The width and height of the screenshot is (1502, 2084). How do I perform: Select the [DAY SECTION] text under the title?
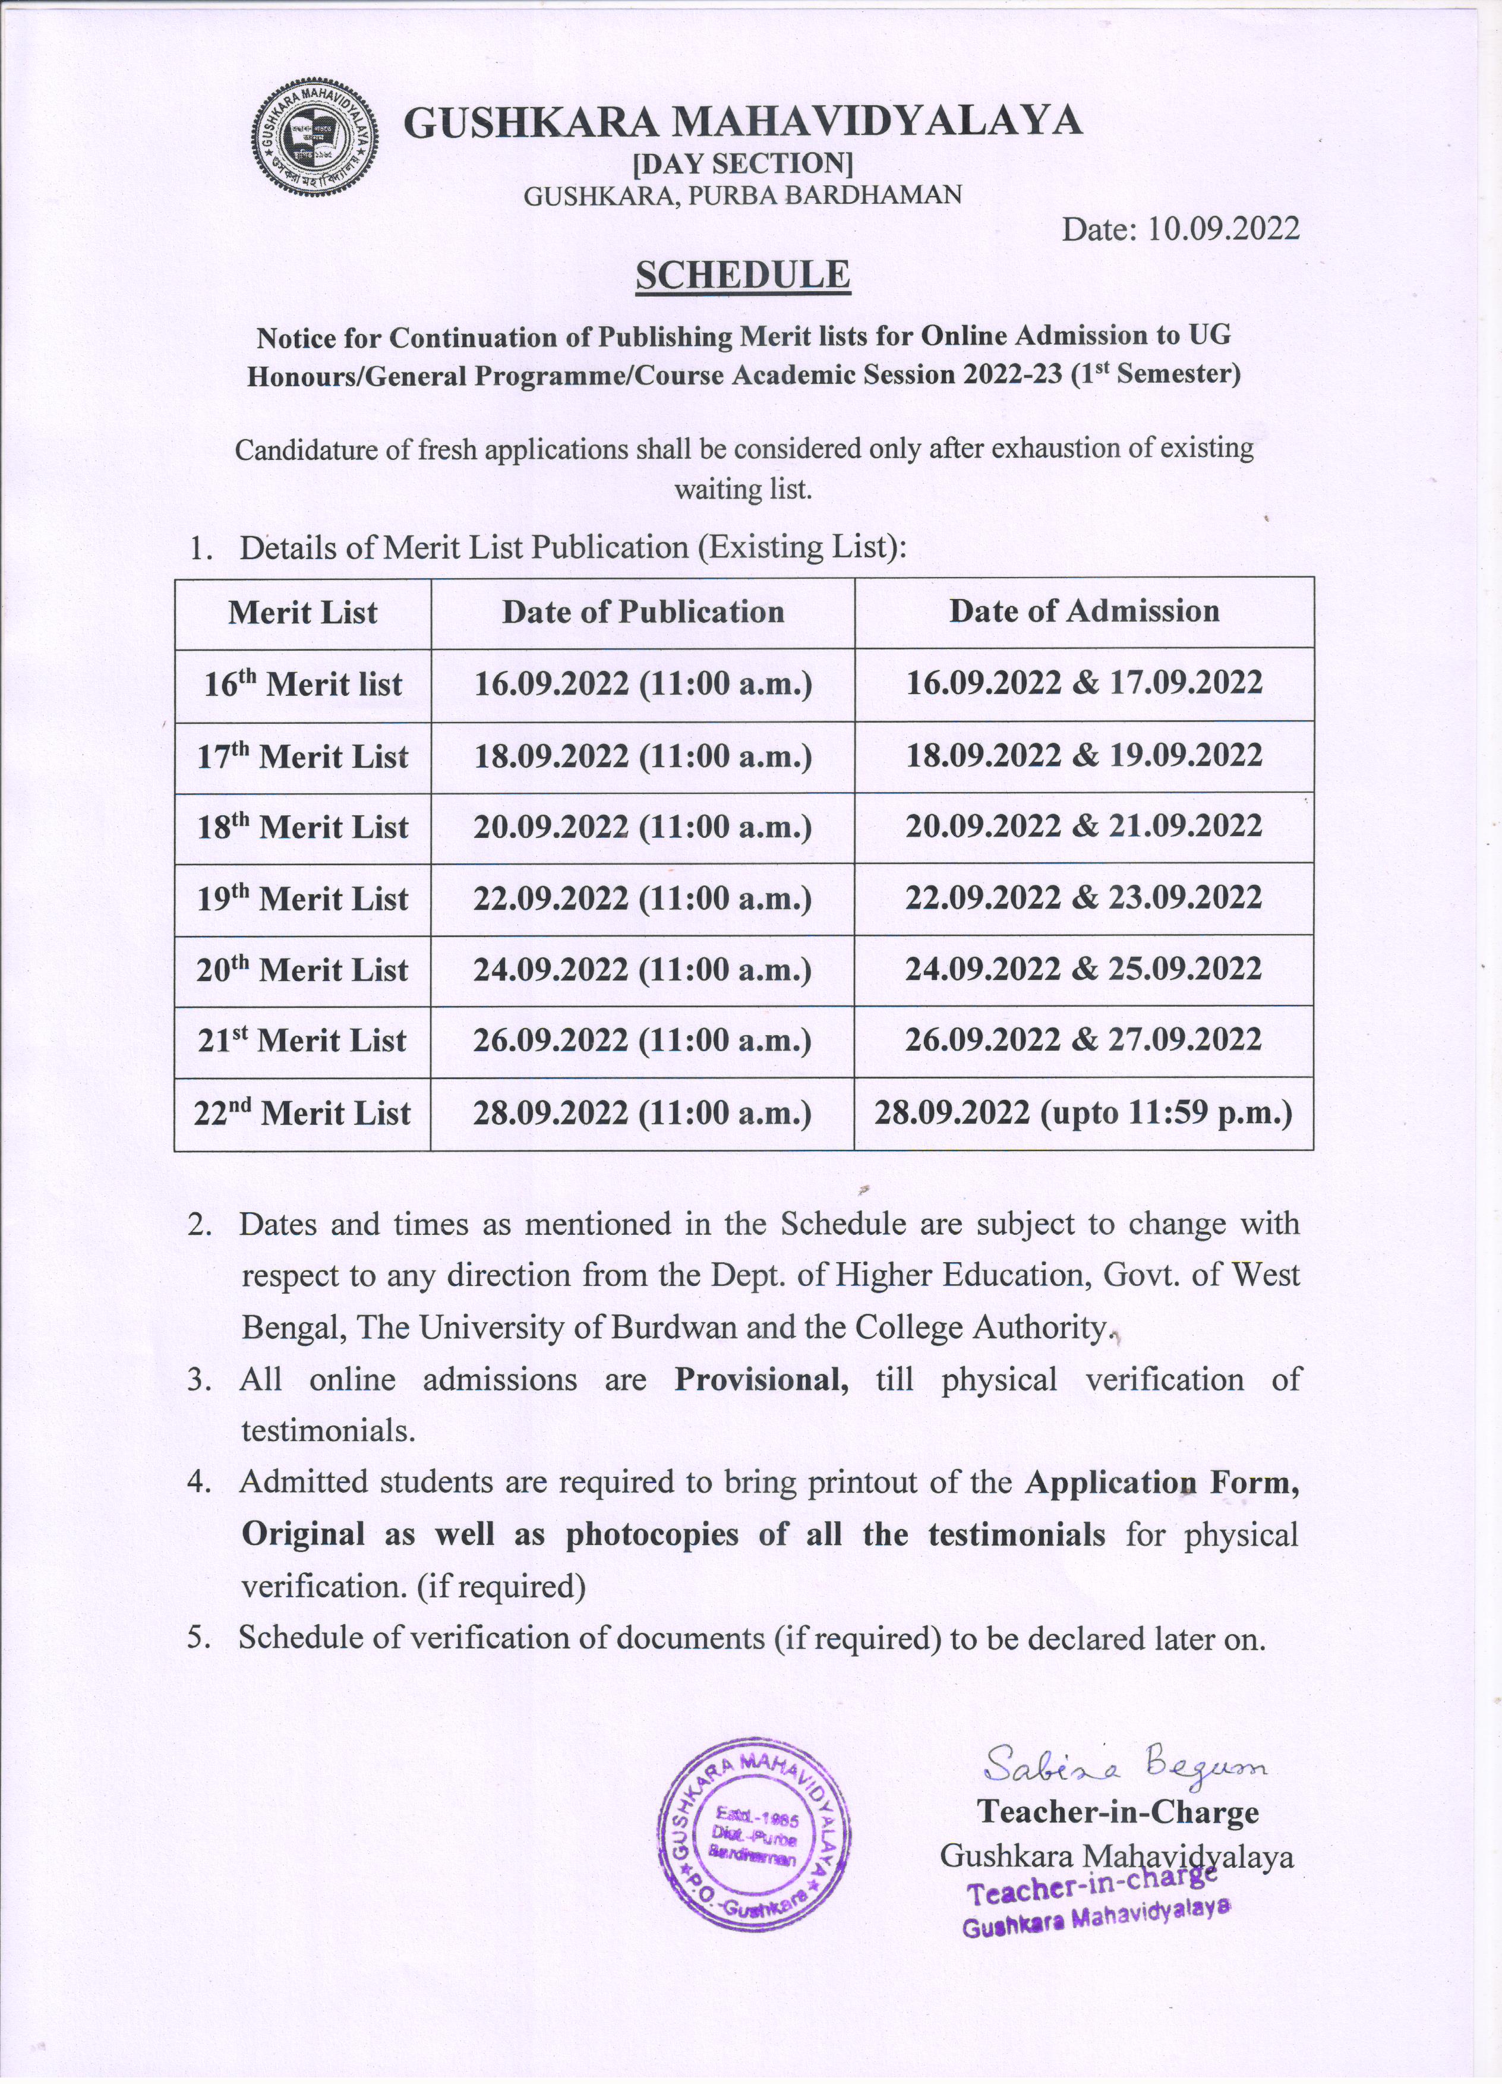point(743,163)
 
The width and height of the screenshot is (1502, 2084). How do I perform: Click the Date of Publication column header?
point(643,612)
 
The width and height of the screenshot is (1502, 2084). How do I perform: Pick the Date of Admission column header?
point(1084,611)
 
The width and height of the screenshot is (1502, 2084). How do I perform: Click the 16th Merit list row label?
point(302,685)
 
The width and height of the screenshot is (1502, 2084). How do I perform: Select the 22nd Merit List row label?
point(302,1114)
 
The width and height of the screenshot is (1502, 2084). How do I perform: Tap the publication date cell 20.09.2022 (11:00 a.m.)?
point(643,828)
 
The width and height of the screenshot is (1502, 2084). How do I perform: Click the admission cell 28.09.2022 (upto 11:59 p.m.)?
point(1084,1114)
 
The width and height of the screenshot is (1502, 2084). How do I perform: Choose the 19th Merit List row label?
point(302,898)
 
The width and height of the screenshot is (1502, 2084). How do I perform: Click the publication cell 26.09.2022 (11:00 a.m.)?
point(643,1041)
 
